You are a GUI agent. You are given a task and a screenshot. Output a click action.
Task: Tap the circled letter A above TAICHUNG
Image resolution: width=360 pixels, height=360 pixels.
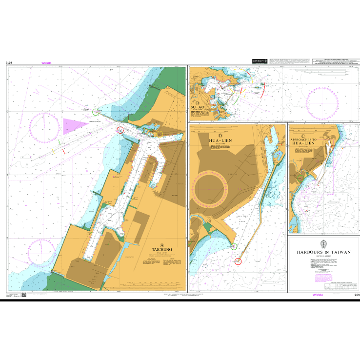coord(162,245)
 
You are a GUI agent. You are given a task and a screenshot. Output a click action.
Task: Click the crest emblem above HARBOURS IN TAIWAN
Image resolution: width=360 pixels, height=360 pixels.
coord(323,244)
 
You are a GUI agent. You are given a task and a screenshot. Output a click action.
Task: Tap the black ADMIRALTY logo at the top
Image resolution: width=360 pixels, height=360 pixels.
coord(259,61)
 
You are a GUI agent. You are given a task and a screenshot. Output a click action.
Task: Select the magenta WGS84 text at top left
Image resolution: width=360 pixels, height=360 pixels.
coord(47,63)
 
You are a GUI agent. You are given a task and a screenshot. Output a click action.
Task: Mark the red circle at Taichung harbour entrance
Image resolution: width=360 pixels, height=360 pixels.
coord(120,130)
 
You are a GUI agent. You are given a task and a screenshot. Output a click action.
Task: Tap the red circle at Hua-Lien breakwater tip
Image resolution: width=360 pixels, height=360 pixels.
coord(238,261)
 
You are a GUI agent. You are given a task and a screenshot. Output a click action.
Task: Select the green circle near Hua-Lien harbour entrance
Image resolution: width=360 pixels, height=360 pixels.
coord(233,246)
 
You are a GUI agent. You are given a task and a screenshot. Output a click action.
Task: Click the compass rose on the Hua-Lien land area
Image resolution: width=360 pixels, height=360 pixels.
coord(211,188)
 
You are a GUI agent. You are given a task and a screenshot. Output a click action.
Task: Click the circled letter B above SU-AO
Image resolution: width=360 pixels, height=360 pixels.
coord(198,103)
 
